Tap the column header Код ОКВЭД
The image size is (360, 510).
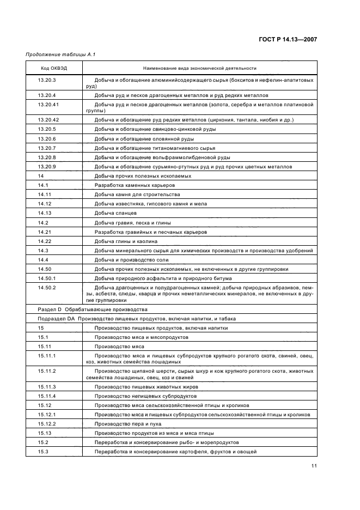[54, 68]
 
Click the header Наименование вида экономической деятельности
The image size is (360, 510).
[199, 68]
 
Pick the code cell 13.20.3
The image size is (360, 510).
[47, 80]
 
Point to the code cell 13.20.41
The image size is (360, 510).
[48, 104]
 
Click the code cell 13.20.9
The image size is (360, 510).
[47, 166]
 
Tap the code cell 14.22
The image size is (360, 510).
[45, 241]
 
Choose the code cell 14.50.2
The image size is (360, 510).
[47, 287]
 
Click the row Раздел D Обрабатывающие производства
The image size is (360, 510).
[84, 309]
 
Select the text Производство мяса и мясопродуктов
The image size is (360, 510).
[141, 337]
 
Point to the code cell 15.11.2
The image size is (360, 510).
[47, 371]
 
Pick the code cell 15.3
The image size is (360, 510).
[43, 451]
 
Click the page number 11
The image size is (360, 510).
[314, 466]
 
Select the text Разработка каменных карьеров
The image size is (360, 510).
[135, 185]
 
